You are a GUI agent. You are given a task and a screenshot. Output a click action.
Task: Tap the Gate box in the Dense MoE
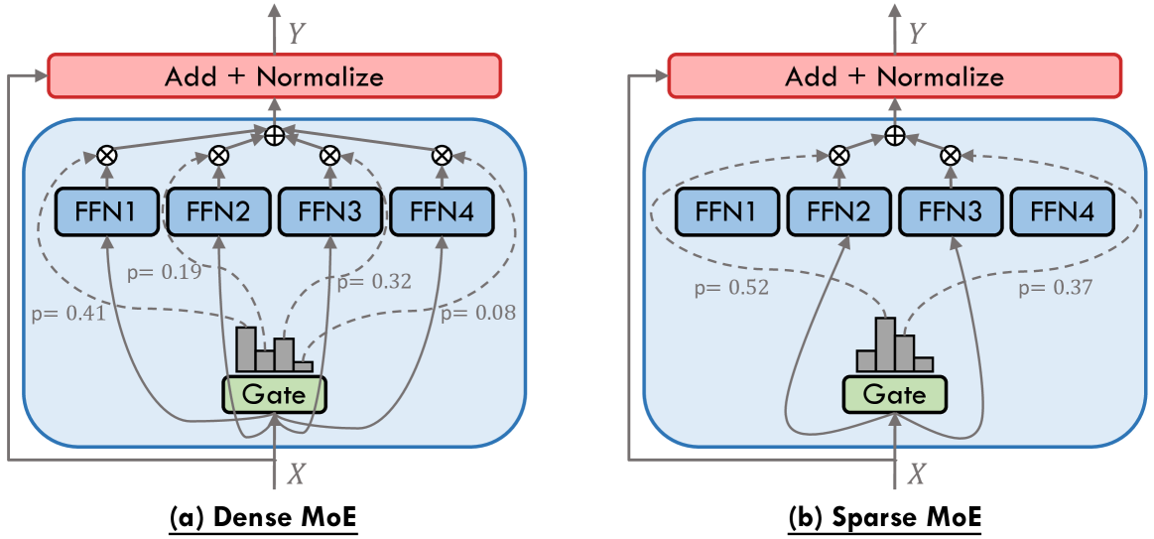tap(274, 395)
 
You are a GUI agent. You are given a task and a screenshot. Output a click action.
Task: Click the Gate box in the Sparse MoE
tap(894, 395)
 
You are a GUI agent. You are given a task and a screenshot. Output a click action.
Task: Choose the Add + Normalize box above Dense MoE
tap(274, 76)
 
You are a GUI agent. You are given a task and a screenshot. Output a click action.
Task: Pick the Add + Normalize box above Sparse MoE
tap(894, 76)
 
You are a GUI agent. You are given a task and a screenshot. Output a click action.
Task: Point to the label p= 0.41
tap(67, 315)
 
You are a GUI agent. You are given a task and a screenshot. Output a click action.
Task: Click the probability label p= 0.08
tap(478, 315)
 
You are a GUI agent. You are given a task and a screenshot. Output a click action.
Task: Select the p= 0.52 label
tap(731, 288)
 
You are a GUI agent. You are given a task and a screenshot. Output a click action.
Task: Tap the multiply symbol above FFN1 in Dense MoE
tap(103, 155)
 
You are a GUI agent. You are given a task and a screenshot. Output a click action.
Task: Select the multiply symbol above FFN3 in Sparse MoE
tap(950, 155)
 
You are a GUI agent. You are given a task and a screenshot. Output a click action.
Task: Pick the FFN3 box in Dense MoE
tap(329, 210)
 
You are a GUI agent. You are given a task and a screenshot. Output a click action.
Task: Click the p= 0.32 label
tap(374, 281)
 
